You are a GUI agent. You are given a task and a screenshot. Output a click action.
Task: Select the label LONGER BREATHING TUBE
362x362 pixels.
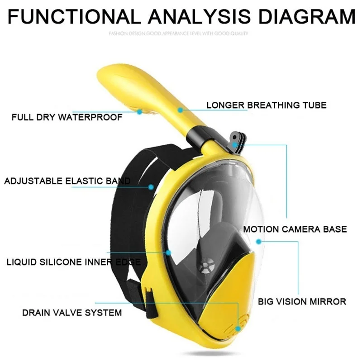pos(266,105)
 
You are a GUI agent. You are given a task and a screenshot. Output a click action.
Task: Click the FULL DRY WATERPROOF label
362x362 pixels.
pos(67,118)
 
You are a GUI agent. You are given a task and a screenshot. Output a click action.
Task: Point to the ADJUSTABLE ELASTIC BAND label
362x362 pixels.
pos(67,181)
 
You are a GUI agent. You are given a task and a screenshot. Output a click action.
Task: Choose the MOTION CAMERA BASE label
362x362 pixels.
pos(295,229)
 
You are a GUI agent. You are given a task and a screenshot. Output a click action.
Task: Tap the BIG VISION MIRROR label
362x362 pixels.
pos(302,301)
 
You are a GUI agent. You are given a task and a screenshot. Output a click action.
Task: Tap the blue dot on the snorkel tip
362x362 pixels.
pos(140,110)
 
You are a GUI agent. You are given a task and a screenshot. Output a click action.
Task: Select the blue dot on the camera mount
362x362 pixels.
pos(235,145)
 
